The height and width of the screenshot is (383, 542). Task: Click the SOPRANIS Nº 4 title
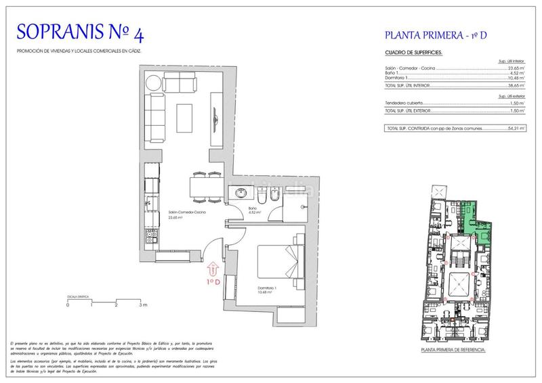79,32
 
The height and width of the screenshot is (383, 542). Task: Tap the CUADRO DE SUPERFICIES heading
413,52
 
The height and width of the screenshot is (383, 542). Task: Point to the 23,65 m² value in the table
518,68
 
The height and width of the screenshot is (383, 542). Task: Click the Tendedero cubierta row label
404,103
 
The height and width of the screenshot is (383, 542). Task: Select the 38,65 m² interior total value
518,87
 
